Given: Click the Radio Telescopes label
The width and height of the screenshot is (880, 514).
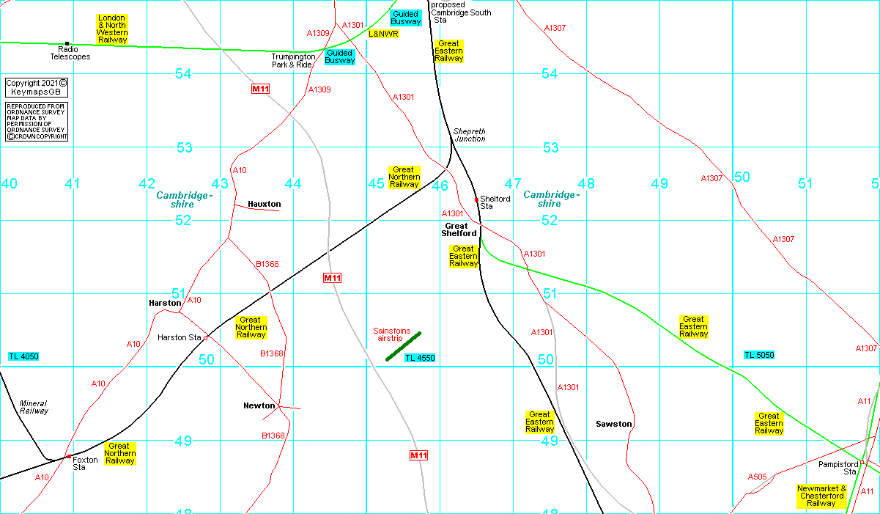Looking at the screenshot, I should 70,53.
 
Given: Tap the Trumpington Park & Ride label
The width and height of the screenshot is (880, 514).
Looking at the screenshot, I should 293,60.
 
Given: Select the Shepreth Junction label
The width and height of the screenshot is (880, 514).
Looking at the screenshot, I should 469,135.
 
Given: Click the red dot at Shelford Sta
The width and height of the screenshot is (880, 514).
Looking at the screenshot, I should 476,199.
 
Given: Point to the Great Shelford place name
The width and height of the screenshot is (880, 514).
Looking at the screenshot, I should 459,230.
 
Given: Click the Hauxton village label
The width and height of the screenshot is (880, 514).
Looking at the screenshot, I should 264,204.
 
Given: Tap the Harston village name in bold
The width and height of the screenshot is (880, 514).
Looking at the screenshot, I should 165,303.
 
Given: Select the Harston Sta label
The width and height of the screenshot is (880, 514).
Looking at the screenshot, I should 179,337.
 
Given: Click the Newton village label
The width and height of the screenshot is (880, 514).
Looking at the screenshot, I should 259,405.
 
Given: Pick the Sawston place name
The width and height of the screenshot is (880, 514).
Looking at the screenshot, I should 613,424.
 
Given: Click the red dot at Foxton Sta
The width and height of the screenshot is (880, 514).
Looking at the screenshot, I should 69,456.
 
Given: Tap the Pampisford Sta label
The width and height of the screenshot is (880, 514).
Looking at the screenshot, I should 838,468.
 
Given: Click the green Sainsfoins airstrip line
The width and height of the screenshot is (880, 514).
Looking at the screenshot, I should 404,346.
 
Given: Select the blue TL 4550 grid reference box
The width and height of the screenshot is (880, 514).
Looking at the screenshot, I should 420,358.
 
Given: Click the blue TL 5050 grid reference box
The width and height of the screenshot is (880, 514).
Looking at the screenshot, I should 759,355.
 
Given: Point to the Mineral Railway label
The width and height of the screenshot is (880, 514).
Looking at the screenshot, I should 34,407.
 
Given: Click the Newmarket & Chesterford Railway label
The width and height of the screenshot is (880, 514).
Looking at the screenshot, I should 821,496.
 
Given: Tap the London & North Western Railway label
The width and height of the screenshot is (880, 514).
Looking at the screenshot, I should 112,29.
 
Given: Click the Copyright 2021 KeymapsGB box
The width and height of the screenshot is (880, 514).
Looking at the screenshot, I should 37,87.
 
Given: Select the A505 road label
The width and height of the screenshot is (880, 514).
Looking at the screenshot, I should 757,477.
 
